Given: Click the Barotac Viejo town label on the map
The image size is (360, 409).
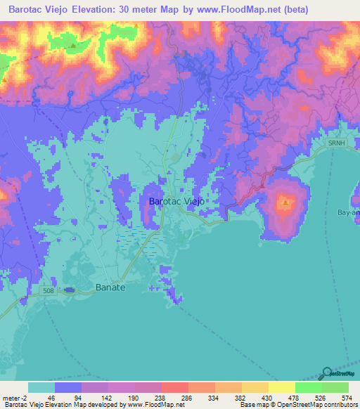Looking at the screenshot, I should pos(177,201).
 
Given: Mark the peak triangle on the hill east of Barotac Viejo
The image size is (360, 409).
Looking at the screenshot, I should pos(285,203).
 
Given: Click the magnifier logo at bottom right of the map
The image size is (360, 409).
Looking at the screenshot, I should pos(326,373).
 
